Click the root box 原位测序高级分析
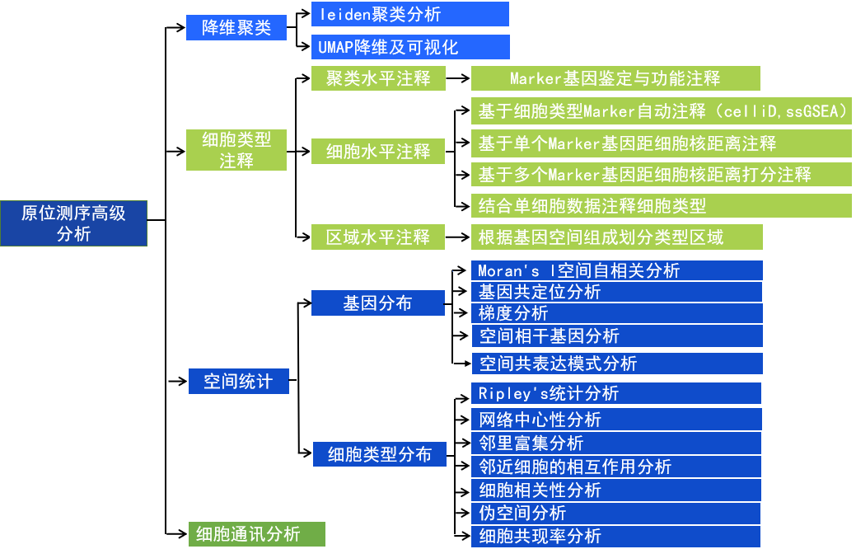73,223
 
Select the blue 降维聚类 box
236,28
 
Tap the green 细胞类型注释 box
236,150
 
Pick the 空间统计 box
238,382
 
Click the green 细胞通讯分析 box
256,534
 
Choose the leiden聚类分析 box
409,14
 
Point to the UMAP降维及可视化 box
409,47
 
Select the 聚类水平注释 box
378,78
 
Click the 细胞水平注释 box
378,151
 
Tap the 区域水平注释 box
378,237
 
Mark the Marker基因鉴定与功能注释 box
615,78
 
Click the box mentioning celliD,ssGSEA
661,110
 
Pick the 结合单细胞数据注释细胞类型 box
661,205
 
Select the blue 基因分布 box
377,303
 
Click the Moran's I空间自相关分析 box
616,270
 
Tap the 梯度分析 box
616,313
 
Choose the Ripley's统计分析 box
615,393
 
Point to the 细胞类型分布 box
379,454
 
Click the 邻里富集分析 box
615,443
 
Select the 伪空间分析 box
615,513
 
